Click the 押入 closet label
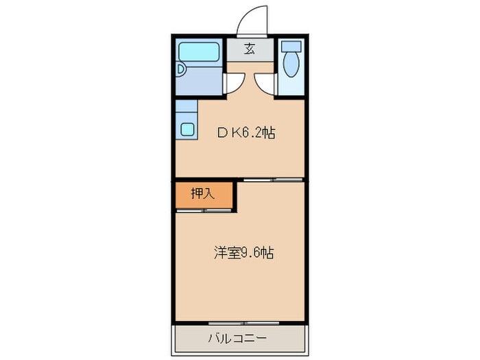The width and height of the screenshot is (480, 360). tap(202, 194)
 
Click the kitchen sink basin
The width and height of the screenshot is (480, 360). tap(187, 128)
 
